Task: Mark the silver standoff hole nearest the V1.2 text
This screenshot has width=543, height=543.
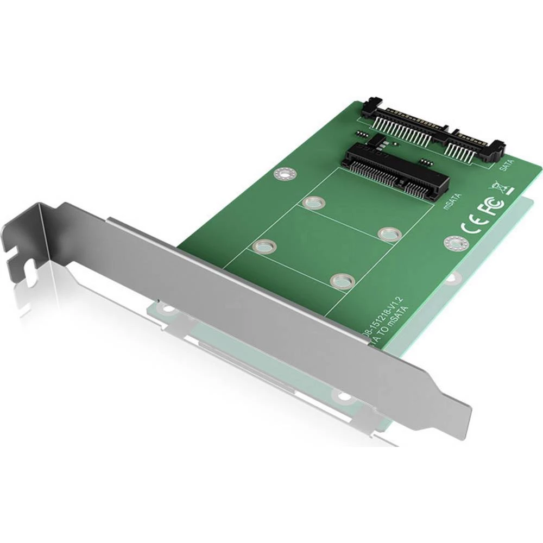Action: coord(343,281)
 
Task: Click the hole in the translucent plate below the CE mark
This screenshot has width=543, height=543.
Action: coord(451,279)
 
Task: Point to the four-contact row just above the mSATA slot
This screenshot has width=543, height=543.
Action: coord(425,162)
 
